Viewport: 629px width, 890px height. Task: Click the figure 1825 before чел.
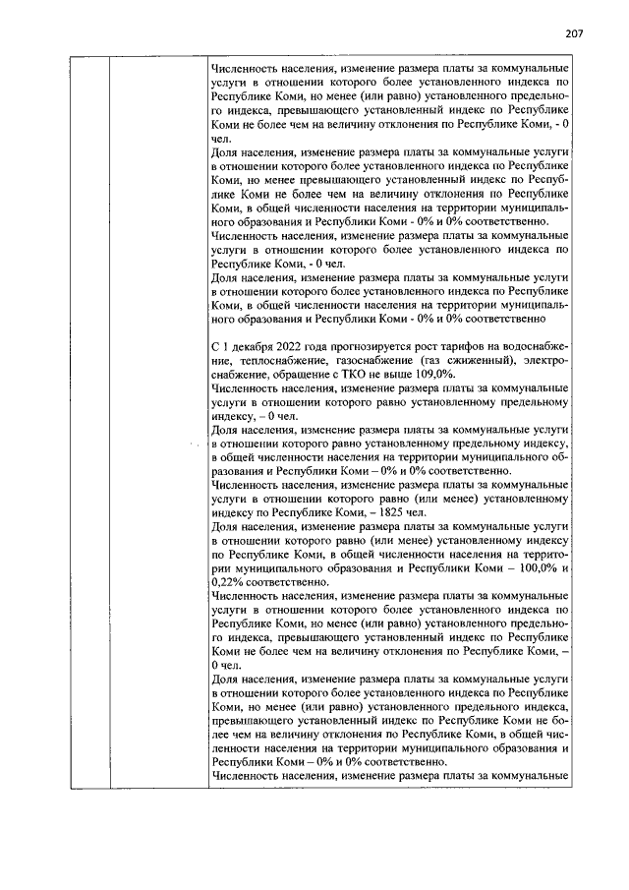click(394, 512)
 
